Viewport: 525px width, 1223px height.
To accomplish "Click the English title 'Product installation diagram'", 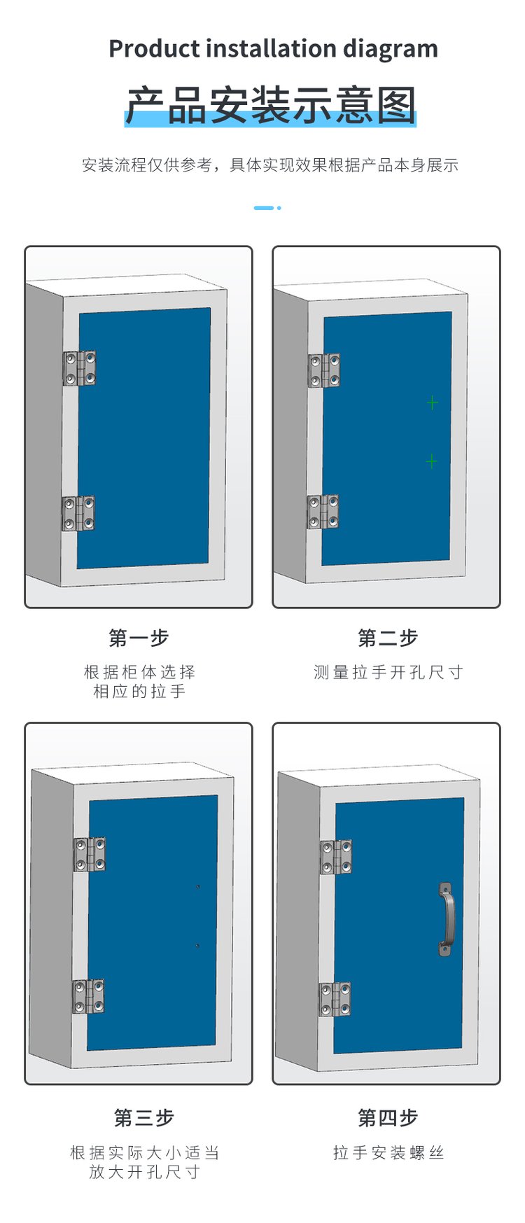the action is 273,49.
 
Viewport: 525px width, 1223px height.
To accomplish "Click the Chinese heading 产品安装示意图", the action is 271,105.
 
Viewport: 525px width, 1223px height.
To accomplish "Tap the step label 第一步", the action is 139,638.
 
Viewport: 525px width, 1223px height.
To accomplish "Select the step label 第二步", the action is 387,638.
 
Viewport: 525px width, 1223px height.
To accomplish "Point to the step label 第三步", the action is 143,1118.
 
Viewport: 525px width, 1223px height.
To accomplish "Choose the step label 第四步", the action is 387,1118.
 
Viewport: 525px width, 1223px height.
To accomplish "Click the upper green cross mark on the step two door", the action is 433,403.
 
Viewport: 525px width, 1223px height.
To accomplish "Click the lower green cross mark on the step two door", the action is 432,461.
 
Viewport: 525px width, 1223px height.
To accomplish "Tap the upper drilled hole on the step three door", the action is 198,887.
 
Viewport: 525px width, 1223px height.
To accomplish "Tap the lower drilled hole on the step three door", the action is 197,946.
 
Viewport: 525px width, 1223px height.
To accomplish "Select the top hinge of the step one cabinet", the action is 79,368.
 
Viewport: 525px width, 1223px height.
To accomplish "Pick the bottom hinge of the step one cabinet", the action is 78,514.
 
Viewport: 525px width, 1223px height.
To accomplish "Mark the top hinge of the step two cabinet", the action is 325,370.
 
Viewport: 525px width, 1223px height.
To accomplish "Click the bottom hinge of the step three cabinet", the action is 89,997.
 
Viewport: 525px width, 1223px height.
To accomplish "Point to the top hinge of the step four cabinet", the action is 336,858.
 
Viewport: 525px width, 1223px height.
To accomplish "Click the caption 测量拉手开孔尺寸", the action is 388,673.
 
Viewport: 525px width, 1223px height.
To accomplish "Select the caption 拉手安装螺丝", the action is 388,1153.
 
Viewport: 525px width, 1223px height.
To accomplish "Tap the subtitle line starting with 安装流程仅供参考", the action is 270,165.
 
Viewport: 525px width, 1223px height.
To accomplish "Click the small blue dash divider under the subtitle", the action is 264,208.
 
